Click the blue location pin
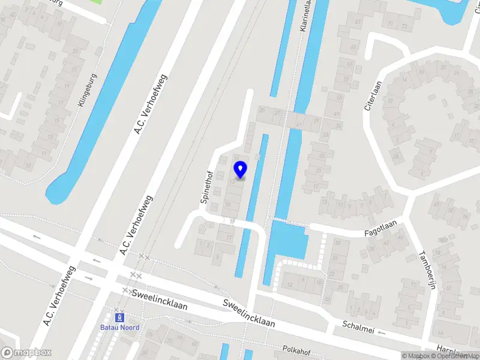240,169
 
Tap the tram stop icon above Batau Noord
120,317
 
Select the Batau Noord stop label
120,328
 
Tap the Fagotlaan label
381,232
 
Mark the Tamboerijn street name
428,269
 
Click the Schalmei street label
358,325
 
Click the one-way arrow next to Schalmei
380,331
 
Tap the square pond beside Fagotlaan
288,240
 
